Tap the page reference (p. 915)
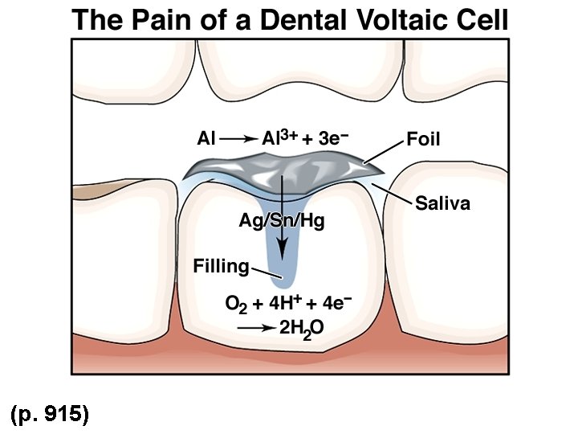coord(49,414)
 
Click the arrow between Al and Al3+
coord(238,139)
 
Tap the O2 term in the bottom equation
coord(234,305)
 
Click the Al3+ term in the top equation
coord(280,138)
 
